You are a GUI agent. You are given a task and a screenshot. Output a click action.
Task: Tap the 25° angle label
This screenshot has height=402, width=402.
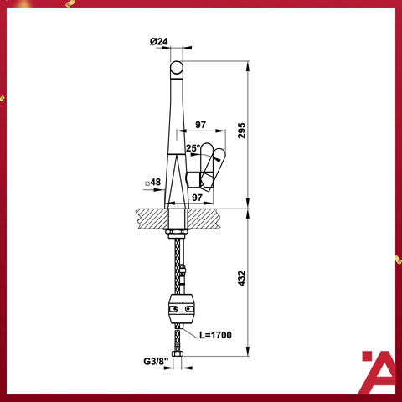pos(192,148)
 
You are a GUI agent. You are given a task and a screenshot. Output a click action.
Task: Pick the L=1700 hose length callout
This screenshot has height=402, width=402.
pos(216,335)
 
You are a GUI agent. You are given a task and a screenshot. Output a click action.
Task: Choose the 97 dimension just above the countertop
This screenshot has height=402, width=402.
pos(199,197)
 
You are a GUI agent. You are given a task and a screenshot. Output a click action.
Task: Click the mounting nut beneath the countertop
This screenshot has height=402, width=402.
pos(178,227)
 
